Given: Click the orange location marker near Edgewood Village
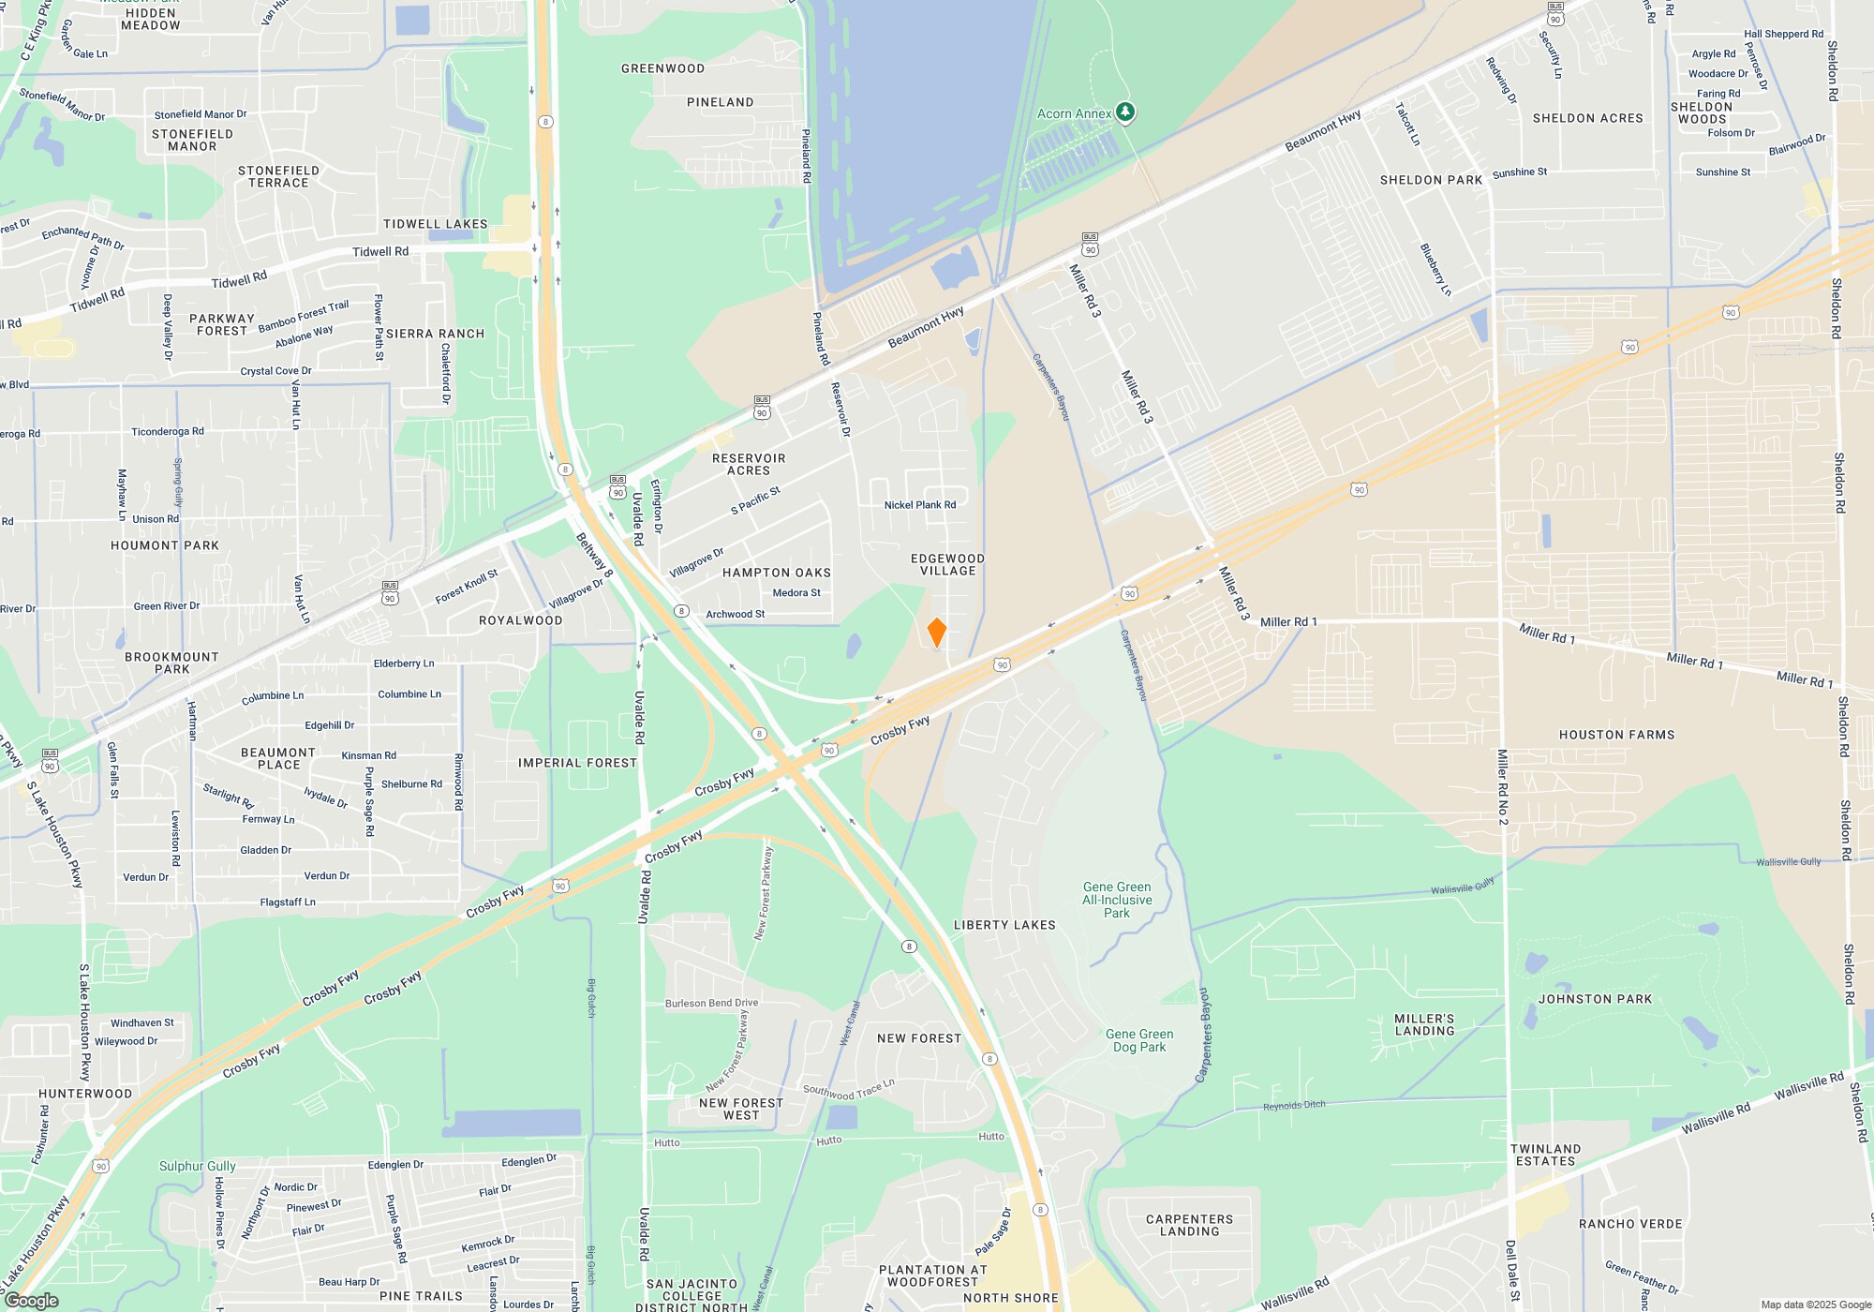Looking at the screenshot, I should (x=936, y=633).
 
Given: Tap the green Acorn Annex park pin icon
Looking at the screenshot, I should (x=1125, y=112).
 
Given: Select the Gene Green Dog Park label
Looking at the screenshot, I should (x=1139, y=1040).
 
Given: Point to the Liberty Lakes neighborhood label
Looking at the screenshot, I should (x=1004, y=925).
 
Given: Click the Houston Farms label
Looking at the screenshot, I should (x=1616, y=735).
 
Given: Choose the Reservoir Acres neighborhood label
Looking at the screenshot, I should (x=749, y=464).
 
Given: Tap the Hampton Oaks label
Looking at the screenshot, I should (x=777, y=573).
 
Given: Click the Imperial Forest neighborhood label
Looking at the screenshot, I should (x=577, y=763).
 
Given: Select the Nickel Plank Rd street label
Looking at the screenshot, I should (x=920, y=505).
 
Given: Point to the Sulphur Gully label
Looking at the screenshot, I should (x=197, y=1166).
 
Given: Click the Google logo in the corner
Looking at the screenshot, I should (x=31, y=1301).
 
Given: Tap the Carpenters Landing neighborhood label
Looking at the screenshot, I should (x=1189, y=1225).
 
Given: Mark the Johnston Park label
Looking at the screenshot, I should (x=1595, y=999).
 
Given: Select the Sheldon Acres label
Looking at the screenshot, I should (x=1587, y=118).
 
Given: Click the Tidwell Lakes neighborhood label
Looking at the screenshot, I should (x=435, y=224).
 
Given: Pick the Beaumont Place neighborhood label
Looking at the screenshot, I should (x=278, y=758).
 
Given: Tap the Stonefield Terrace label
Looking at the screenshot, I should (x=278, y=176).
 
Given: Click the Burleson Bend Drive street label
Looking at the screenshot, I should (x=711, y=1003).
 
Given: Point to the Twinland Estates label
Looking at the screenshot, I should (x=1545, y=1155).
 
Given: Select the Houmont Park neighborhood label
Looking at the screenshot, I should (x=165, y=545).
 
